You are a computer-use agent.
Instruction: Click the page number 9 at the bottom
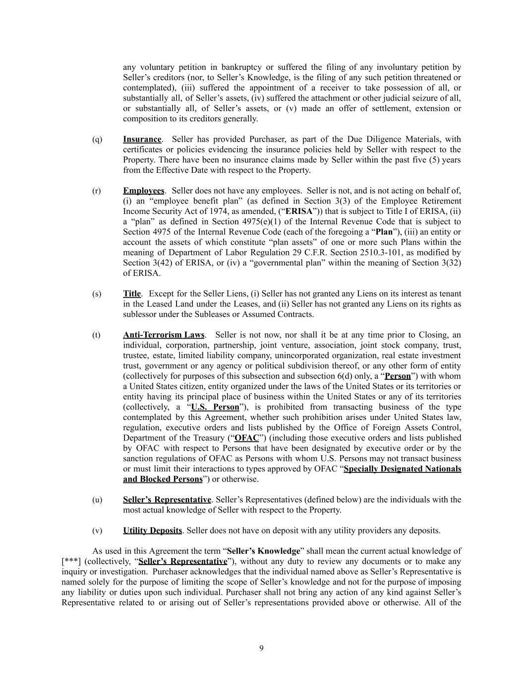261,648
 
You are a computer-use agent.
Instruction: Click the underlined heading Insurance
142,139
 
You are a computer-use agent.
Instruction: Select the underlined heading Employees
143,191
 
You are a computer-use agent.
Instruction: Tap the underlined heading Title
132,294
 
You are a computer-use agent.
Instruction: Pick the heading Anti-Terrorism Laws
164,335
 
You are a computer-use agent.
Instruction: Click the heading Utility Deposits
153,530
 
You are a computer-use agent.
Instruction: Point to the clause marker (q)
97,139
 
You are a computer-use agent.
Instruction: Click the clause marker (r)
97,191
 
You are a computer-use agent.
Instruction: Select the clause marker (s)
97,294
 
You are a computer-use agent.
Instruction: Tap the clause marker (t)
96,335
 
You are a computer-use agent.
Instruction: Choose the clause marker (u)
97,499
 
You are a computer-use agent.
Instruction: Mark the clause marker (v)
97,530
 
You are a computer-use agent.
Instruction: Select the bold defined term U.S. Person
215,407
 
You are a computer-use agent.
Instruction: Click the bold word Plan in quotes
384,232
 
